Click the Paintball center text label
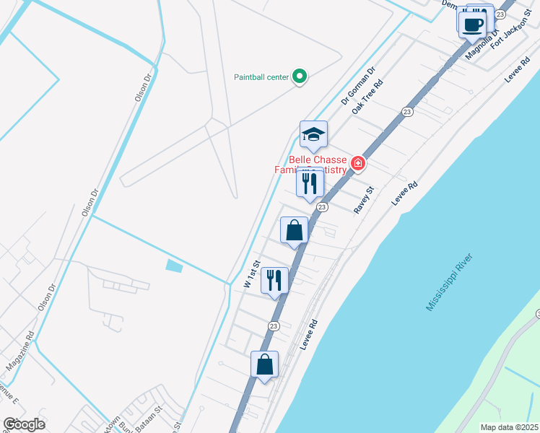point(261,77)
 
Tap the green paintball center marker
point(299,76)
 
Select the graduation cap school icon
point(313,135)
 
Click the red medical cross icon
point(357,164)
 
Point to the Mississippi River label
point(448,282)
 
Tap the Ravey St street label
point(364,200)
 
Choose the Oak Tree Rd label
point(367,97)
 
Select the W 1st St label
point(251,275)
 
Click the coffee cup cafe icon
point(472,24)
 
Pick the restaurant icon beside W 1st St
point(274,280)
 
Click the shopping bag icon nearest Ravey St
point(295,230)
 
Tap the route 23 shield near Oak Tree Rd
point(407,112)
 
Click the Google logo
point(24,424)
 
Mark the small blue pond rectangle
point(174,266)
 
